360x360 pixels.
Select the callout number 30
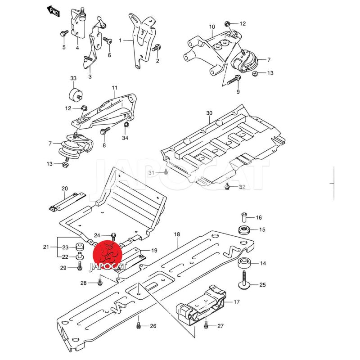coord(209,113)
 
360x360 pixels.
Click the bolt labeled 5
coord(64,33)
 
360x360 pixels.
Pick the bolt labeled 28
coord(100,282)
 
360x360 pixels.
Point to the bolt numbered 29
coord(79,267)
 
